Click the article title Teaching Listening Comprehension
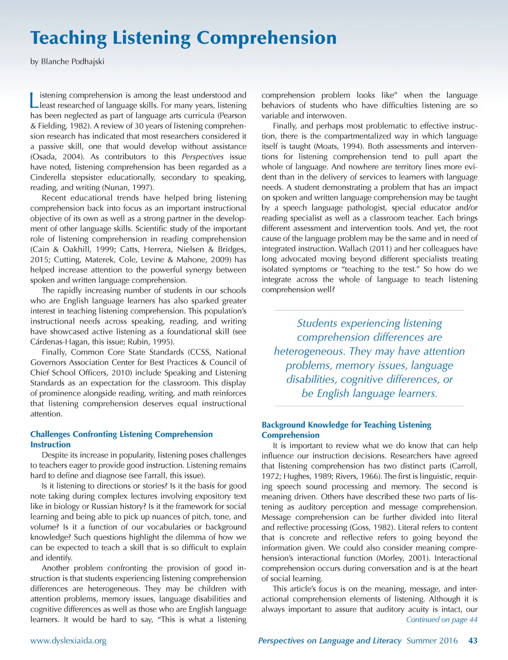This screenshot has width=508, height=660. click(183, 38)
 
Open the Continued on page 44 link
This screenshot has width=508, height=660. click(442, 619)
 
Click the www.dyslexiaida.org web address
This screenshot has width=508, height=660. click(68, 641)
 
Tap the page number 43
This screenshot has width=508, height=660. click(473, 641)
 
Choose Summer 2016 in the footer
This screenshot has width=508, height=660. click(432, 641)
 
